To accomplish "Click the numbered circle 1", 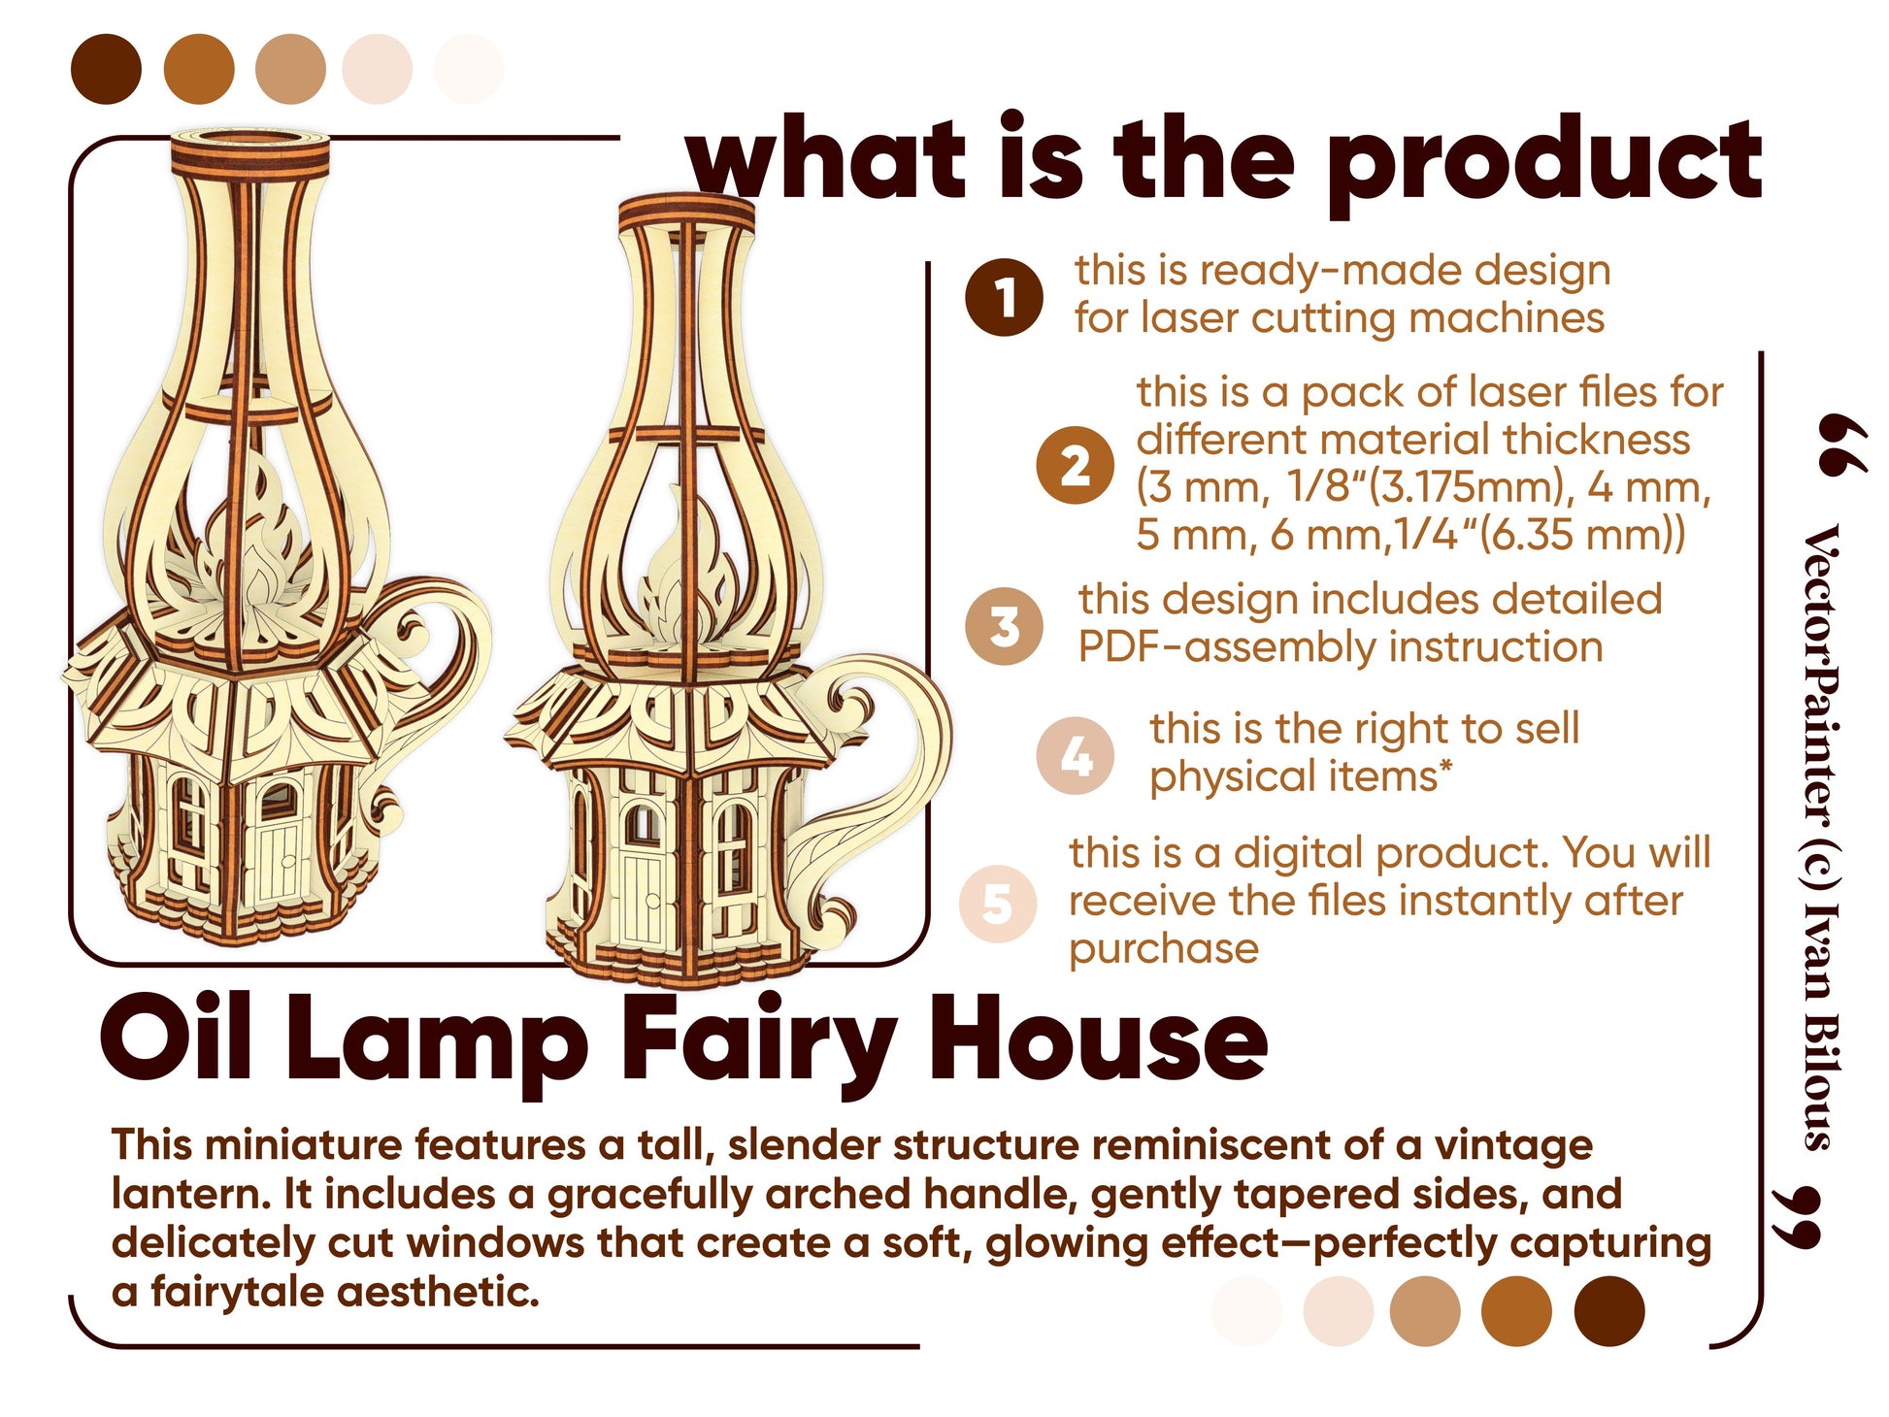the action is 1004,297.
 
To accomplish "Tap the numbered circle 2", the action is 1075,465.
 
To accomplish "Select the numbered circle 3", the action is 1005,626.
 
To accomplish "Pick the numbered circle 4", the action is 1075,756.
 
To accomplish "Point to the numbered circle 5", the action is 998,904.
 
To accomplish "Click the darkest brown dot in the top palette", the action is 107,69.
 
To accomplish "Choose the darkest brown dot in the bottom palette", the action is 1609,1311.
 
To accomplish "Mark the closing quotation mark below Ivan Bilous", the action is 1796,1217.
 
